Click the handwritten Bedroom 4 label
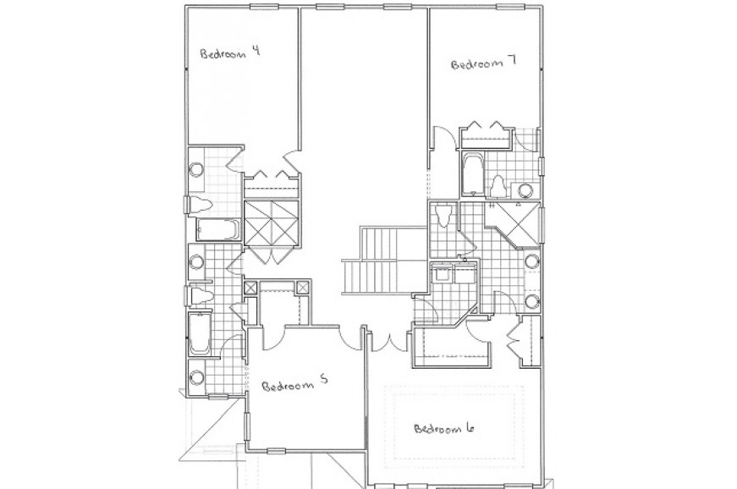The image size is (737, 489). (x=230, y=52)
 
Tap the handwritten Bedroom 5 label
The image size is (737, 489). (x=294, y=384)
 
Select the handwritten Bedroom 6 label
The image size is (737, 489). (x=443, y=428)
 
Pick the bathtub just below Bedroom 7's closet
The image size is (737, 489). (x=471, y=173)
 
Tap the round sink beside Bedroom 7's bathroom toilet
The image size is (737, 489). (x=525, y=190)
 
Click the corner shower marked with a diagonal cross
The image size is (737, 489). (x=514, y=224)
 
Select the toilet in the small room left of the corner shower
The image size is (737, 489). (x=443, y=216)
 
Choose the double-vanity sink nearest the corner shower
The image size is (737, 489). (x=532, y=261)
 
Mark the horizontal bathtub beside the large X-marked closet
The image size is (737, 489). (x=217, y=230)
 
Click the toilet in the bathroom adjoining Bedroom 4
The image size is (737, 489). (x=199, y=205)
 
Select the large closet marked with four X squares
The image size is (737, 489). (x=272, y=223)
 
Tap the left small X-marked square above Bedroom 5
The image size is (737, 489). (x=250, y=288)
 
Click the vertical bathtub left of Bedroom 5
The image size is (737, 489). (x=200, y=334)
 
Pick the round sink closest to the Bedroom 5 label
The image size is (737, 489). (x=197, y=376)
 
